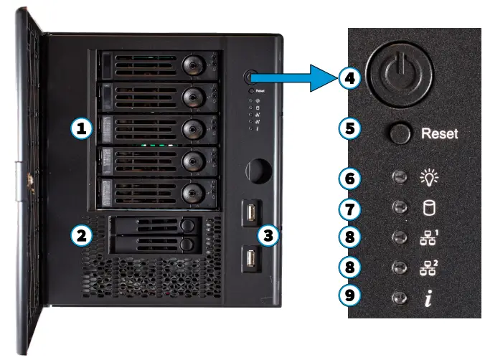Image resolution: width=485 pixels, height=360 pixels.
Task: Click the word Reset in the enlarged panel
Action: [x=438, y=133]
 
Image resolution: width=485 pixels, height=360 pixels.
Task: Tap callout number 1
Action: [x=83, y=129]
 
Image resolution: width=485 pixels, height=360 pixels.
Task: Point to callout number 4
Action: [x=349, y=78]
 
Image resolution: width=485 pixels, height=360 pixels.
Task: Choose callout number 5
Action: [x=349, y=131]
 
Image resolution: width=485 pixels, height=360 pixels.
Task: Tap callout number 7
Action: [x=349, y=209]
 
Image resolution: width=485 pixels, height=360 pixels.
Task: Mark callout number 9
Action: [x=349, y=295]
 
